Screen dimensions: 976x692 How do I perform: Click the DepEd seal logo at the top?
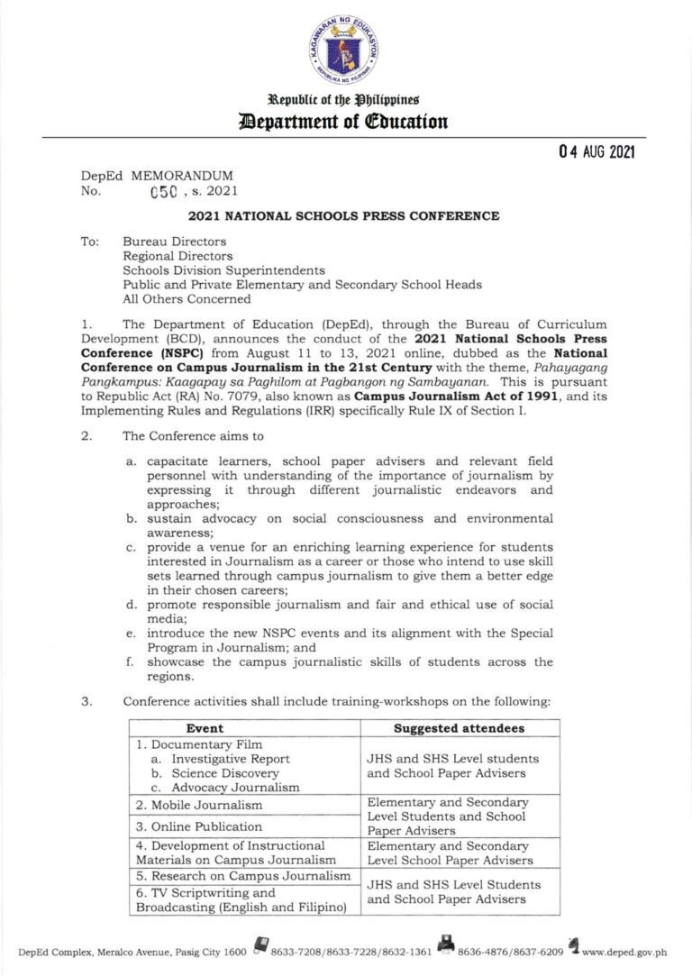[346, 51]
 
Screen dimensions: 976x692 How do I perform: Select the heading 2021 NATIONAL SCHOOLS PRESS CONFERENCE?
[344, 216]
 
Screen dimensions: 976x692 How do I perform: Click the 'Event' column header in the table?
[205, 727]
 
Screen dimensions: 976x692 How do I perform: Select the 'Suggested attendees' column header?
[460, 727]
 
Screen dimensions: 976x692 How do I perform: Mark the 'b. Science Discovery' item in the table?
[214, 773]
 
